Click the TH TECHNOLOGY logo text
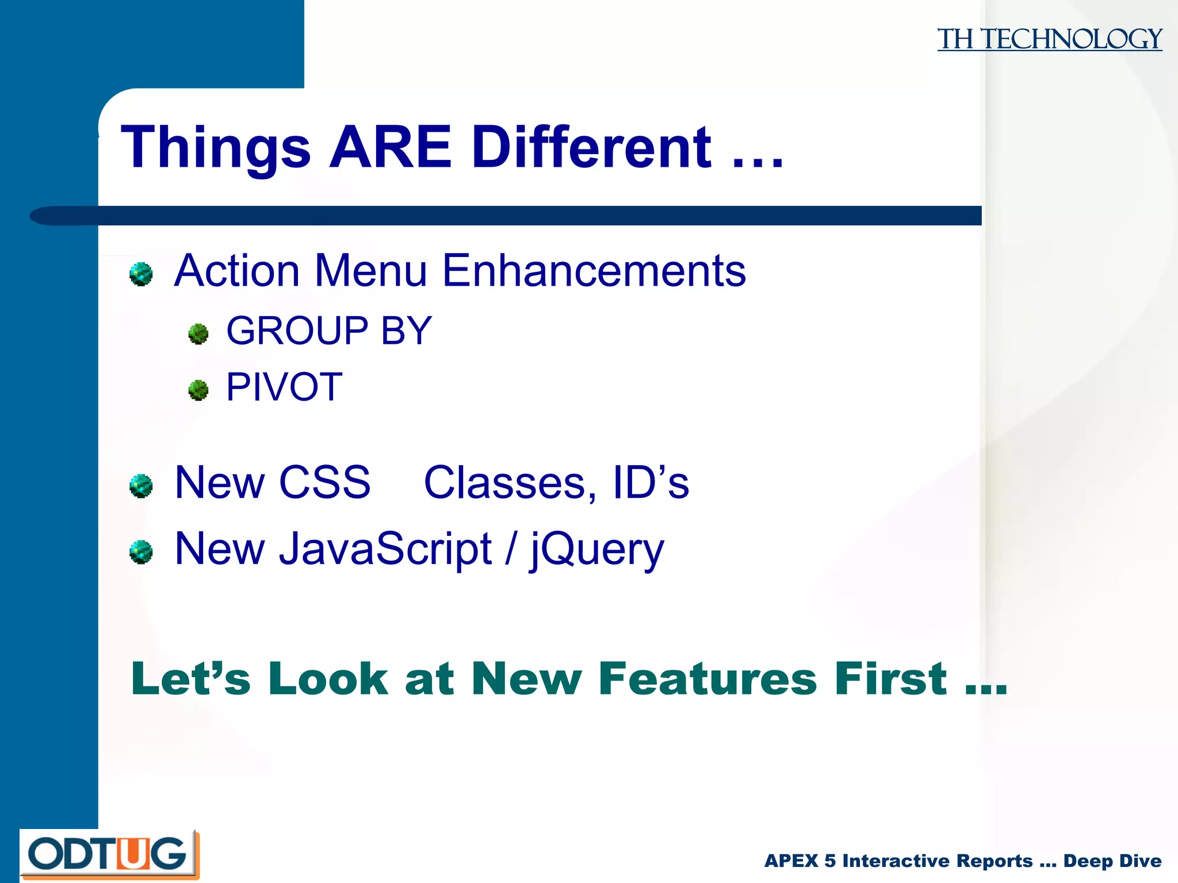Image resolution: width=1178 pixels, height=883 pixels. pos(1049,39)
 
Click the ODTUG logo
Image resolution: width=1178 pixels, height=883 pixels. pos(109,854)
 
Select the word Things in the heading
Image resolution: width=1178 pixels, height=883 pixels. pos(216,148)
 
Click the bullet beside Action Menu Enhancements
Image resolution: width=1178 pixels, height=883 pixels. pos(141,274)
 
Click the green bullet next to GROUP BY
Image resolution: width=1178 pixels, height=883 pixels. pos(198,333)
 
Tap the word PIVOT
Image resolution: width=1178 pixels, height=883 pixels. pos(284,387)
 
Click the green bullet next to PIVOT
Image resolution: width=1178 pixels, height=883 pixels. pos(198,390)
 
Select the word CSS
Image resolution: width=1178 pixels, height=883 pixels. pos(325,482)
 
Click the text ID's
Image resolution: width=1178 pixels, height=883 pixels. pos(651,482)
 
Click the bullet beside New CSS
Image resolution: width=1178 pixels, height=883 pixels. pos(141,486)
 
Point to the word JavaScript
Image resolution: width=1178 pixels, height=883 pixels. pos(385,548)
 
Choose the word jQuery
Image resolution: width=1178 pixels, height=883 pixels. pos(596,550)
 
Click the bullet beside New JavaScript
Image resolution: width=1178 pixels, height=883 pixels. pos(141,552)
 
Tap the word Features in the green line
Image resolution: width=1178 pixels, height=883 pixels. pos(707,679)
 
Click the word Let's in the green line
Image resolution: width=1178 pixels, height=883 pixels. pos(191,679)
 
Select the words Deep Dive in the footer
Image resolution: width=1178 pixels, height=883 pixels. pos(1112,861)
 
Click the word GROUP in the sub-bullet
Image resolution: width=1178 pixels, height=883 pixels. pos(297,331)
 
